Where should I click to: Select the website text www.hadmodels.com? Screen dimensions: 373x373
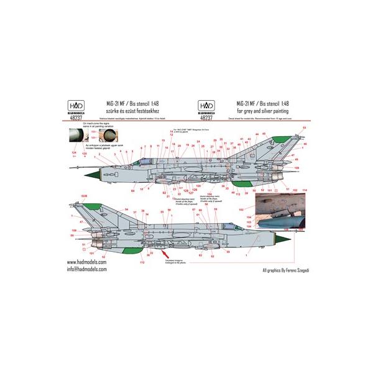coord(86,264)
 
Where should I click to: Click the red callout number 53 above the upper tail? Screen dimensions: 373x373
coord(304,128)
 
